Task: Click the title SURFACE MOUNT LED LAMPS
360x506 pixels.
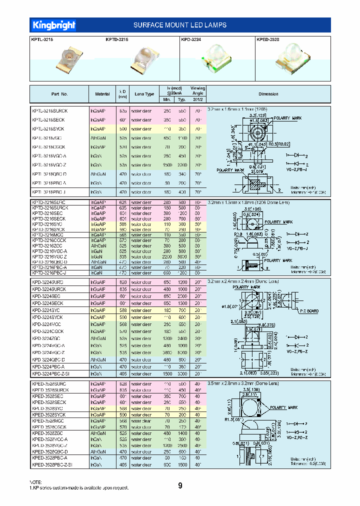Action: (180, 25)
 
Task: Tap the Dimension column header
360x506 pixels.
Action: (268, 94)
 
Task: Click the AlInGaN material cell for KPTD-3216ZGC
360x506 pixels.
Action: (98, 245)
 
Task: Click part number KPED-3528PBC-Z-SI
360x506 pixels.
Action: (51, 464)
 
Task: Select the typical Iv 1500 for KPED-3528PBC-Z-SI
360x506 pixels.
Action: (182, 464)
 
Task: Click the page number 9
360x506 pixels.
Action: (180, 485)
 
